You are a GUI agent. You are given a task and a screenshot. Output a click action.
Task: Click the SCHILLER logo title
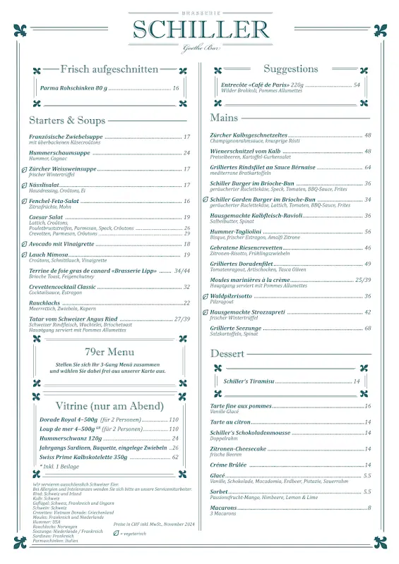201,30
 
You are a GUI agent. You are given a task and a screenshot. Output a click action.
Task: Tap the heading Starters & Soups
67,121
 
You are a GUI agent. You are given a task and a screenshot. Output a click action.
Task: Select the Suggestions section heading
290,69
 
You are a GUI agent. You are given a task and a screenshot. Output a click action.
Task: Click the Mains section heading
224,118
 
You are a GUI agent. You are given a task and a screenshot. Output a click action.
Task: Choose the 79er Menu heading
109,352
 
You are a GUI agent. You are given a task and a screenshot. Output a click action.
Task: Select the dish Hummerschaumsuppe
59,153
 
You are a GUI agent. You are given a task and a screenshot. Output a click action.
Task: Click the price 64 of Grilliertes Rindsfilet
367,168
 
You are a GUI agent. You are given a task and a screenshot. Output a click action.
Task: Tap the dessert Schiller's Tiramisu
248,381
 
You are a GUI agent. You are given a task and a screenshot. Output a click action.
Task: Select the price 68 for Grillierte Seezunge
367,328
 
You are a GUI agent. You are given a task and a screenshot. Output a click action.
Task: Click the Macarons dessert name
223,508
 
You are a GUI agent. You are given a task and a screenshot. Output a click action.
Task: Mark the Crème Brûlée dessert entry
229,465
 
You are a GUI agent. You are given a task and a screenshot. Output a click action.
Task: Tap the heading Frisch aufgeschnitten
109,69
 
